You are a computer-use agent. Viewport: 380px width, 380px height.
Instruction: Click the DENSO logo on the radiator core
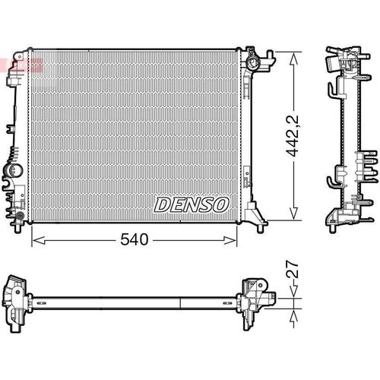coord(192,204)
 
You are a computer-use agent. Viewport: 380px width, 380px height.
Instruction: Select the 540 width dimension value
coord(135,239)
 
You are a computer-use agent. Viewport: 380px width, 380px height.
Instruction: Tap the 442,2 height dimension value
coord(293,136)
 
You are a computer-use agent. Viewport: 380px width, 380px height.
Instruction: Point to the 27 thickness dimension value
coord(293,269)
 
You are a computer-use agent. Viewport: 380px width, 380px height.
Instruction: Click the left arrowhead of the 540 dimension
coord(39,240)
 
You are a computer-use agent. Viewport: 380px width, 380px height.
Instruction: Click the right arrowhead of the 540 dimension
coord(230,240)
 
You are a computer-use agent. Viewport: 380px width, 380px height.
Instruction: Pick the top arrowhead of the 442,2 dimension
coord(293,59)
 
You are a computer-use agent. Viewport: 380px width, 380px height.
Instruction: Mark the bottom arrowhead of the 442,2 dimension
coord(293,213)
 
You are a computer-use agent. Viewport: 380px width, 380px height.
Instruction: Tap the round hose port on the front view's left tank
coord(15,169)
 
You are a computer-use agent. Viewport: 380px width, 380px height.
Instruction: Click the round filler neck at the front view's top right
coord(253,62)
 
